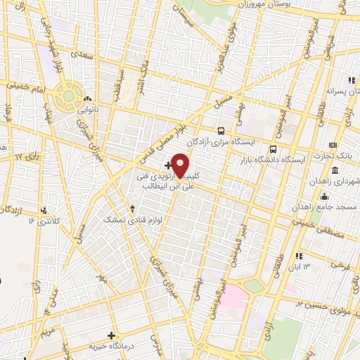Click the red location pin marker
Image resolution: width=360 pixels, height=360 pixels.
181,165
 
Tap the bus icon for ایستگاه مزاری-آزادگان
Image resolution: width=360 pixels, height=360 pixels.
221,131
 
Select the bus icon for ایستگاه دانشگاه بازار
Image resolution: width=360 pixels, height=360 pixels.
274,150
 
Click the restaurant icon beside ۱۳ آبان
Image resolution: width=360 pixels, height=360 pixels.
300,257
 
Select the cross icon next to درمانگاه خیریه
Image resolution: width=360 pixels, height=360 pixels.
110,336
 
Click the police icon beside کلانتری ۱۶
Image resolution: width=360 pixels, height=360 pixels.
44,210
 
